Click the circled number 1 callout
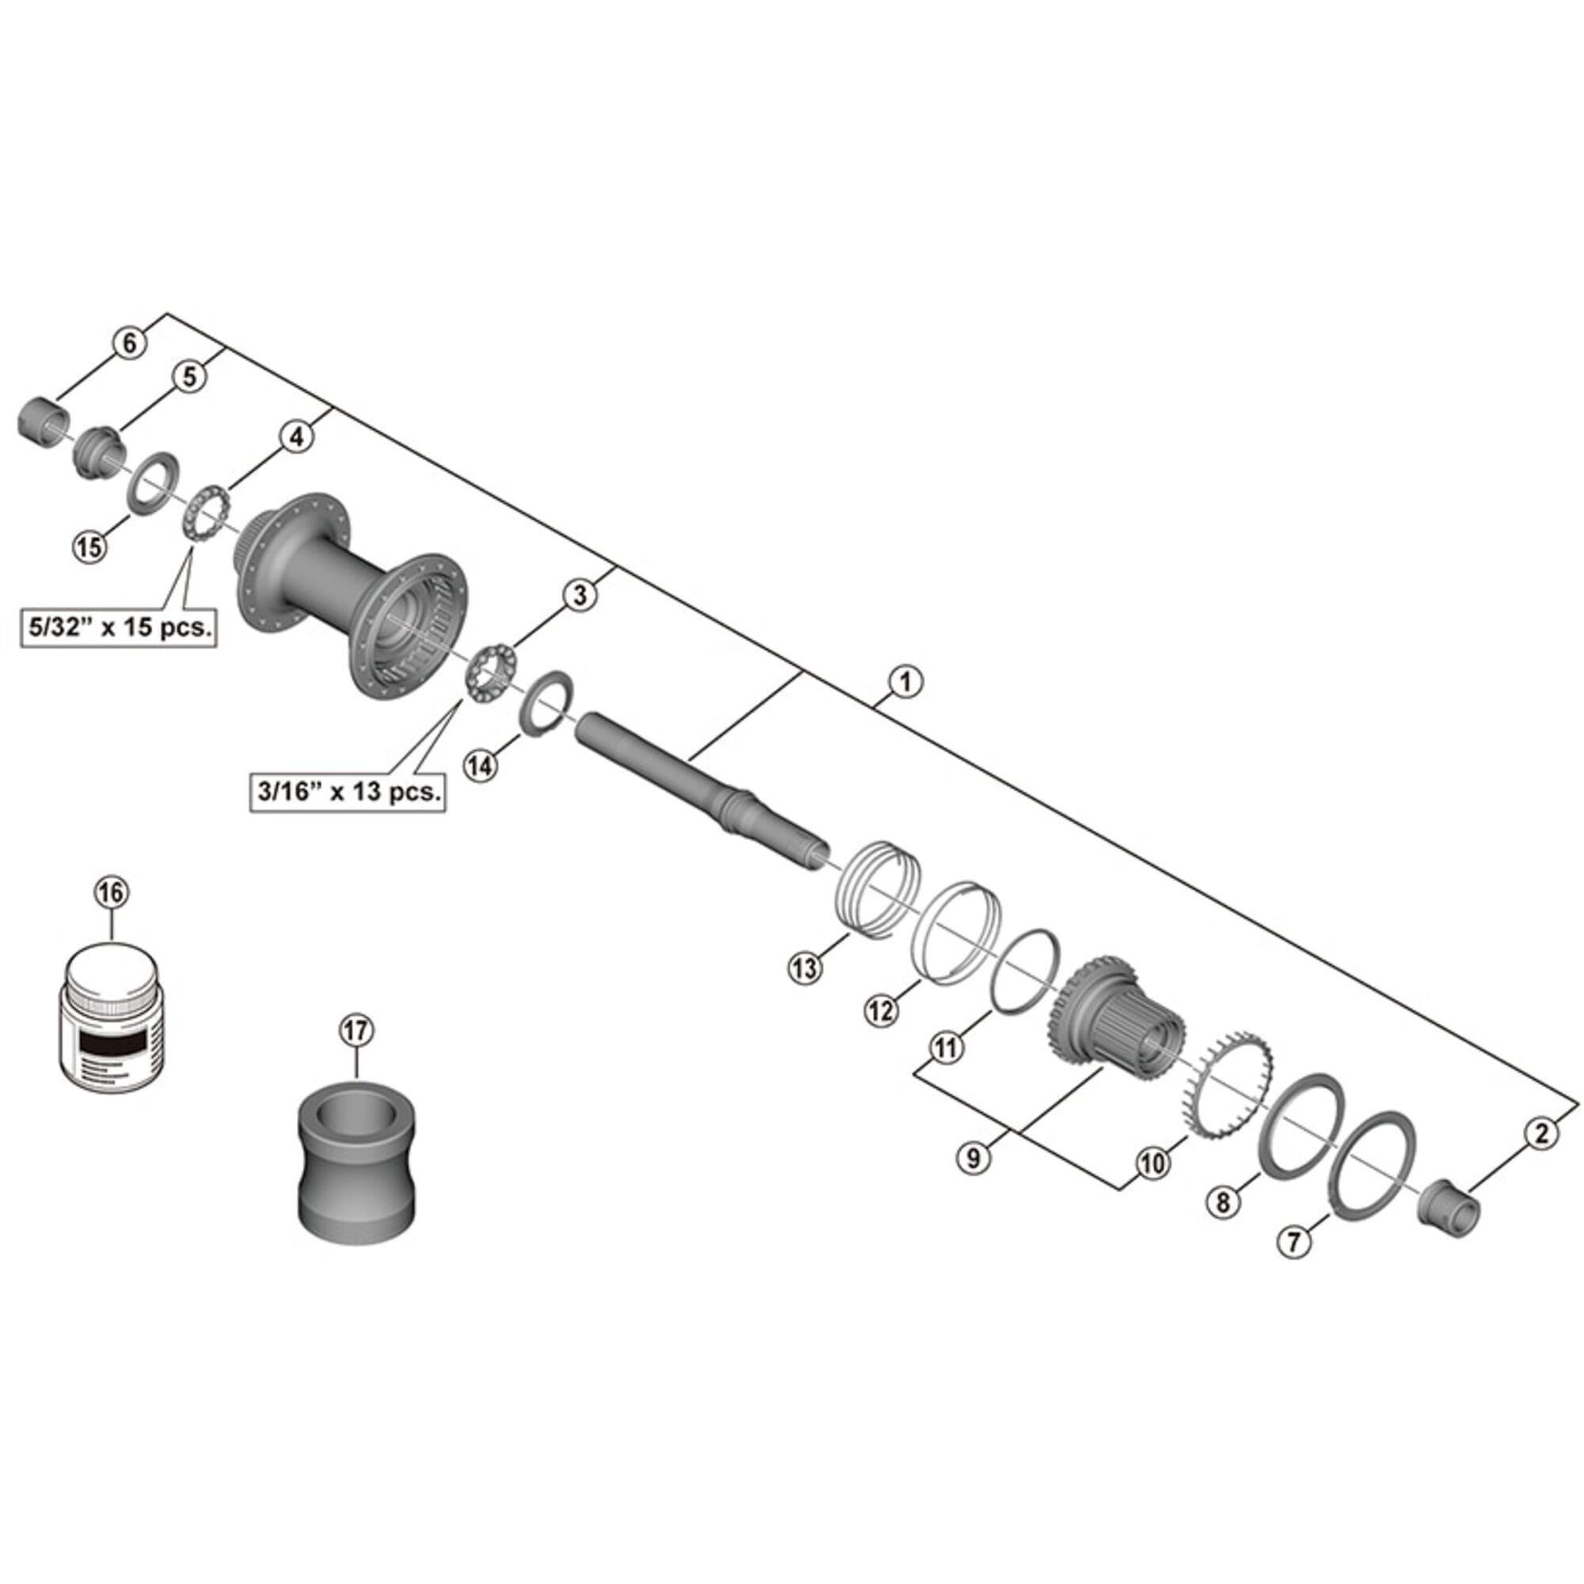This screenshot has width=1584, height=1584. tap(905, 682)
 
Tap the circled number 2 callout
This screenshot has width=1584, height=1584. tap(1541, 1134)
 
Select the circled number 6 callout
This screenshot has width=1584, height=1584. tap(130, 344)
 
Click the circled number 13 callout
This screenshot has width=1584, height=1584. tap(805, 969)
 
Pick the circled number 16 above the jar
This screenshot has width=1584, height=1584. tap(112, 892)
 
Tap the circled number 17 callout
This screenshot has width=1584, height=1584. tap(356, 1030)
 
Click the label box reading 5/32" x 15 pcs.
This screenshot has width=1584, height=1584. tap(120, 628)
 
